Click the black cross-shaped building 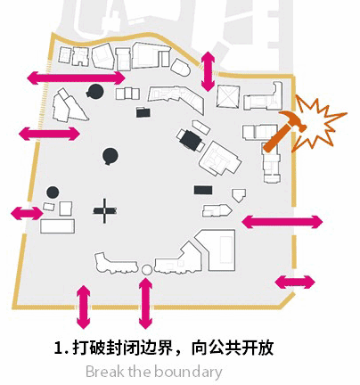pyautogui.click(x=104, y=211)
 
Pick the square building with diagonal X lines pyautogui.click(x=228, y=96)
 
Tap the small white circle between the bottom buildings pyautogui.click(x=146, y=269)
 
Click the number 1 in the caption pyautogui.click(x=59, y=348)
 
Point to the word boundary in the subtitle pyautogui.click(x=188, y=373)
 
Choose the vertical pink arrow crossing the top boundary pyautogui.click(x=208, y=71)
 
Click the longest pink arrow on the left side pyautogui.click(x=77, y=78)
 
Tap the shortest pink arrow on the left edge pyautogui.click(x=27, y=213)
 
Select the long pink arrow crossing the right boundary pyautogui.click(x=282, y=222)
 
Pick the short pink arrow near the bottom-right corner pyautogui.click(x=295, y=283)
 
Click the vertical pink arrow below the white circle pyautogui.click(x=145, y=303)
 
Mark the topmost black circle pyautogui.click(x=95, y=92)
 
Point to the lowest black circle pyautogui.click(x=53, y=192)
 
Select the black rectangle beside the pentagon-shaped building pyautogui.click(x=203, y=190)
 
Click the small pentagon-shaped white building pyautogui.click(x=239, y=195)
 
